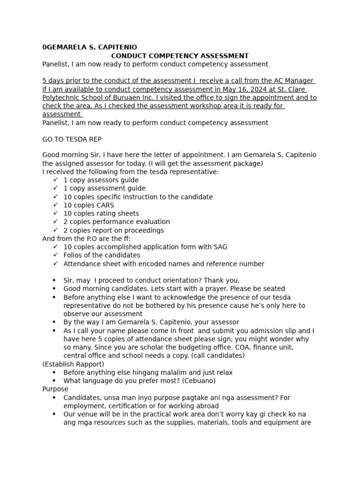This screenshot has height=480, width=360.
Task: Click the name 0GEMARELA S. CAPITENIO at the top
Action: [90, 47]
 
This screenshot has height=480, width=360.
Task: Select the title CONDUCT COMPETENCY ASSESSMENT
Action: [180, 56]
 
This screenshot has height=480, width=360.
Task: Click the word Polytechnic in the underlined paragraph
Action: [61, 97]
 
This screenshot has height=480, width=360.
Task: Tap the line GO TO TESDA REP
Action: [72, 139]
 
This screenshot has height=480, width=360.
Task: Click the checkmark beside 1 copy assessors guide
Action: [56, 180]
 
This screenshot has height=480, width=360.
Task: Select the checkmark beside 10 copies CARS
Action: [56, 205]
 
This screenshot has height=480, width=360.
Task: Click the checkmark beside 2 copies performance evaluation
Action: [56, 222]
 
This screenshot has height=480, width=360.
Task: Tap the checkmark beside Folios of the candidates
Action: [56, 255]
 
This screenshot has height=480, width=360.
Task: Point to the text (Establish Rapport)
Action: [73, 364]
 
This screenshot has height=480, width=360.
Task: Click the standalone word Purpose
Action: [55, 389]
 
